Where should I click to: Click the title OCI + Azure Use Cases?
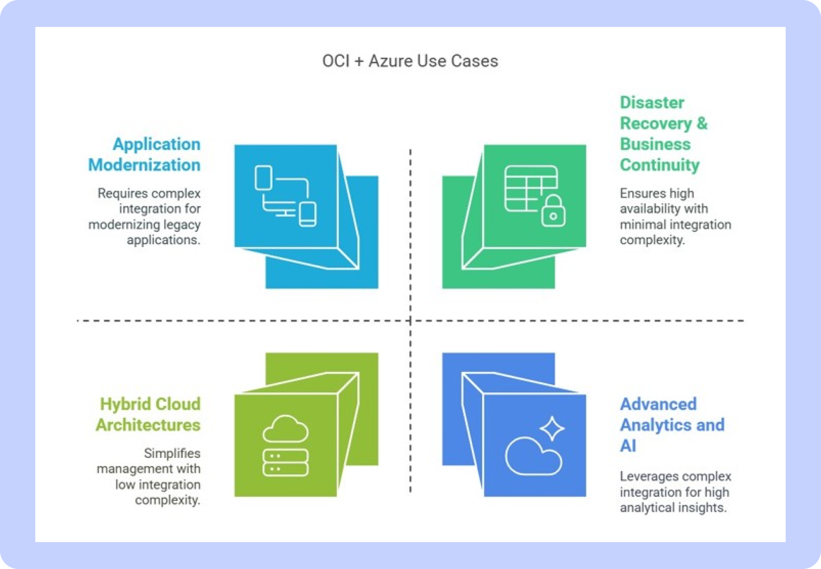coord(410,61)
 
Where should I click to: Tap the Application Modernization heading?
coord(144,154)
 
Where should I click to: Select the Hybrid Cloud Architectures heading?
coord(148,414)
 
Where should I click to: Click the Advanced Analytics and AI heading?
coord(672,425)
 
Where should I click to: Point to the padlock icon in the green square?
coord(553,211)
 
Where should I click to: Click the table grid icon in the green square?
coord(531,188)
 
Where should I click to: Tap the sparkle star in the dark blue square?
coord(552,428)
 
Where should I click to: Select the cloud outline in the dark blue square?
coord(533,456)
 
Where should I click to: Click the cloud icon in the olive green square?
coord(286,428)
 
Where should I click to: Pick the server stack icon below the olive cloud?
coord(286,463)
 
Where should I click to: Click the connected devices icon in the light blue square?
coord(286,196)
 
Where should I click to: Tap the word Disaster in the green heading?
coord(652,103)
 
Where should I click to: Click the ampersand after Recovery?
coord(702,123)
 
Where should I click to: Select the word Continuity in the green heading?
coord(659,165)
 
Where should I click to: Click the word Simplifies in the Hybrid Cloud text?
coord(172,453)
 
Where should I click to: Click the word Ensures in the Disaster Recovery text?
coord(643,193)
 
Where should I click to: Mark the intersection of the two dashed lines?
coord(410,321)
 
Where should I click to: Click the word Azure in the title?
coord(390,61)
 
